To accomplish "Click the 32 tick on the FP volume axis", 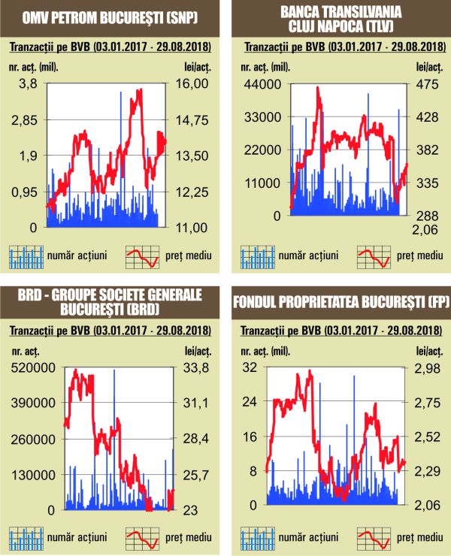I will [x=249, y=367].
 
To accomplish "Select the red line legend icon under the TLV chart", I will [x=374, y=256].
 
